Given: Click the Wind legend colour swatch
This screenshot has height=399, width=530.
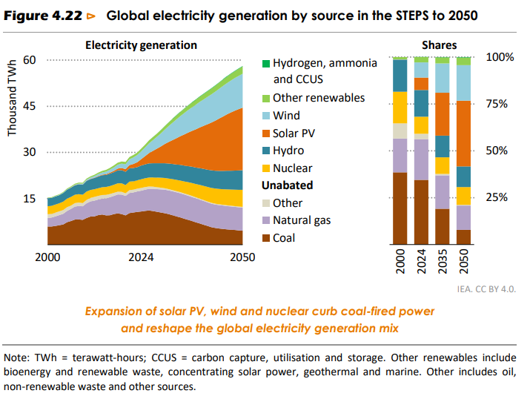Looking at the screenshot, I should point(265,115).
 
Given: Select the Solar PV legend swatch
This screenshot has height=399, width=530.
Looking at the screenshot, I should point(265,133).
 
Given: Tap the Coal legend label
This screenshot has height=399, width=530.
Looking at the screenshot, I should point(284,238).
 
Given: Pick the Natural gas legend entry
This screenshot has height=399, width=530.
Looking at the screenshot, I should point(302,220).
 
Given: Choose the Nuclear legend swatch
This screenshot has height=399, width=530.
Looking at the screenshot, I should point(265,168).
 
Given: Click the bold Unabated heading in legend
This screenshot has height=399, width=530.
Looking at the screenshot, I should point(287,185).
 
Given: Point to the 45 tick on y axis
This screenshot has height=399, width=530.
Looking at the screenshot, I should point(30,106).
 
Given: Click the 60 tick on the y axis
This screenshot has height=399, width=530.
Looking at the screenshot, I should point(30,60).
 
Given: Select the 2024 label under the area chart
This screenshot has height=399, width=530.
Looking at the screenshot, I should point(141,257).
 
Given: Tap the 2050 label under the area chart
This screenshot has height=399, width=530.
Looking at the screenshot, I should point(242,257).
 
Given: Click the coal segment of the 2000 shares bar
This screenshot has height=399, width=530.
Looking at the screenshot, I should point(400,208).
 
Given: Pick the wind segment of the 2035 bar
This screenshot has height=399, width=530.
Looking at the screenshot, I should point(443,78).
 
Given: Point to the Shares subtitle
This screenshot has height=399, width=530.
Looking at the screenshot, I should point(439,45).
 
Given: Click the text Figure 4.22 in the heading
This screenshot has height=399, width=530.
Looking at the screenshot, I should point(42,15).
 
